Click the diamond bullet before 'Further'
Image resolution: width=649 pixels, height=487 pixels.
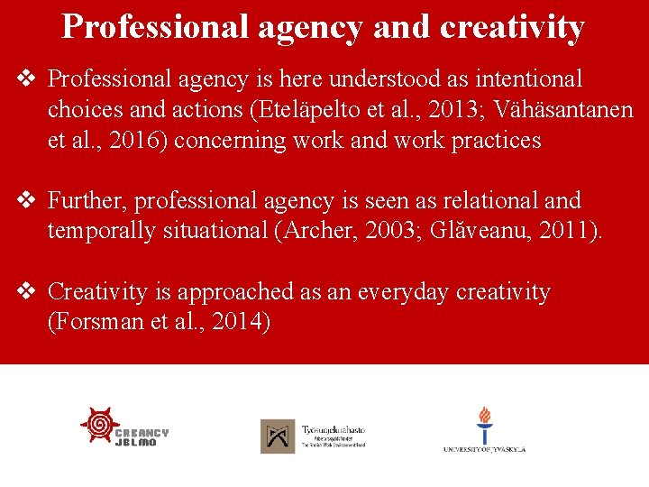point(27,200)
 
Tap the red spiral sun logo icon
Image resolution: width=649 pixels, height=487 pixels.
point(100,425)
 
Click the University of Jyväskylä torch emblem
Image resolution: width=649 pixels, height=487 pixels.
point(485,424)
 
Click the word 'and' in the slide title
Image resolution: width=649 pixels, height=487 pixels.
point(404,27)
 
